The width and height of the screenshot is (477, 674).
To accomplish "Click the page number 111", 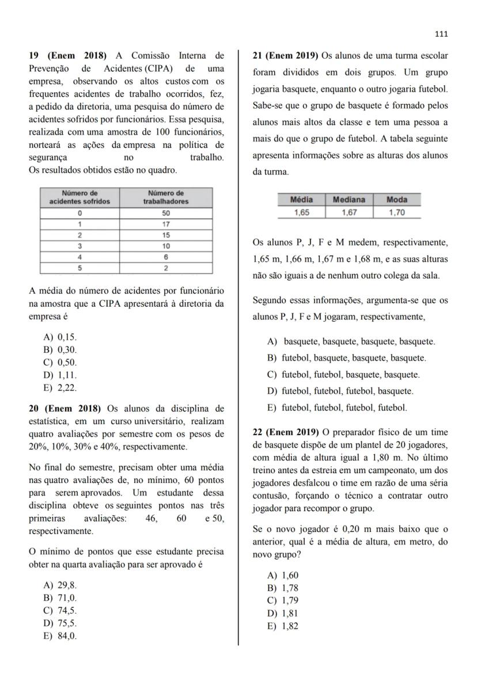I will click(x=441, y=34).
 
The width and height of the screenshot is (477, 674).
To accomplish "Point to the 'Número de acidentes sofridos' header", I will click(x=79, y=197).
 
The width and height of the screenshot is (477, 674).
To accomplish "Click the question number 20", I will click(x=33, y=409).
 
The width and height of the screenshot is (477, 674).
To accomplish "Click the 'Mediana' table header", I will click(x=349, y=200).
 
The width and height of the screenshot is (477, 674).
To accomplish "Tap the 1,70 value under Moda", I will click(x=397, y=212).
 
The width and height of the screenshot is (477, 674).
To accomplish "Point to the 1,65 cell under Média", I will click(x=301, y=212).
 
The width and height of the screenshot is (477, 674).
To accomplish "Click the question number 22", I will click(x=258, y=432).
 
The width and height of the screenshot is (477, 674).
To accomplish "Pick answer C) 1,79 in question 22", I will click(x=283, y=601).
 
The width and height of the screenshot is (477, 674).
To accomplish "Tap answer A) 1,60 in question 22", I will click(x=283, y=576).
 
